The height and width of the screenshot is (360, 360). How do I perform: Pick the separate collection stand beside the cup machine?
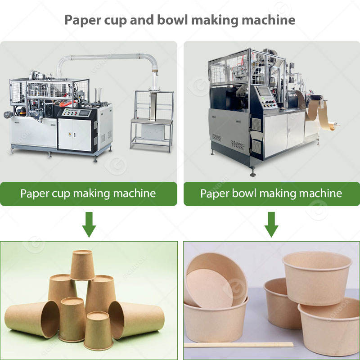tap(152, 119)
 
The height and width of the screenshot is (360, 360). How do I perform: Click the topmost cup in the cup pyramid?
tap(82, 265)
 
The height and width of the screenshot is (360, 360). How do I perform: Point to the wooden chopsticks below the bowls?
tap(238, 345)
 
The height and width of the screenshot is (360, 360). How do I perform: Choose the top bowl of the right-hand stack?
tap(317, 277)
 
